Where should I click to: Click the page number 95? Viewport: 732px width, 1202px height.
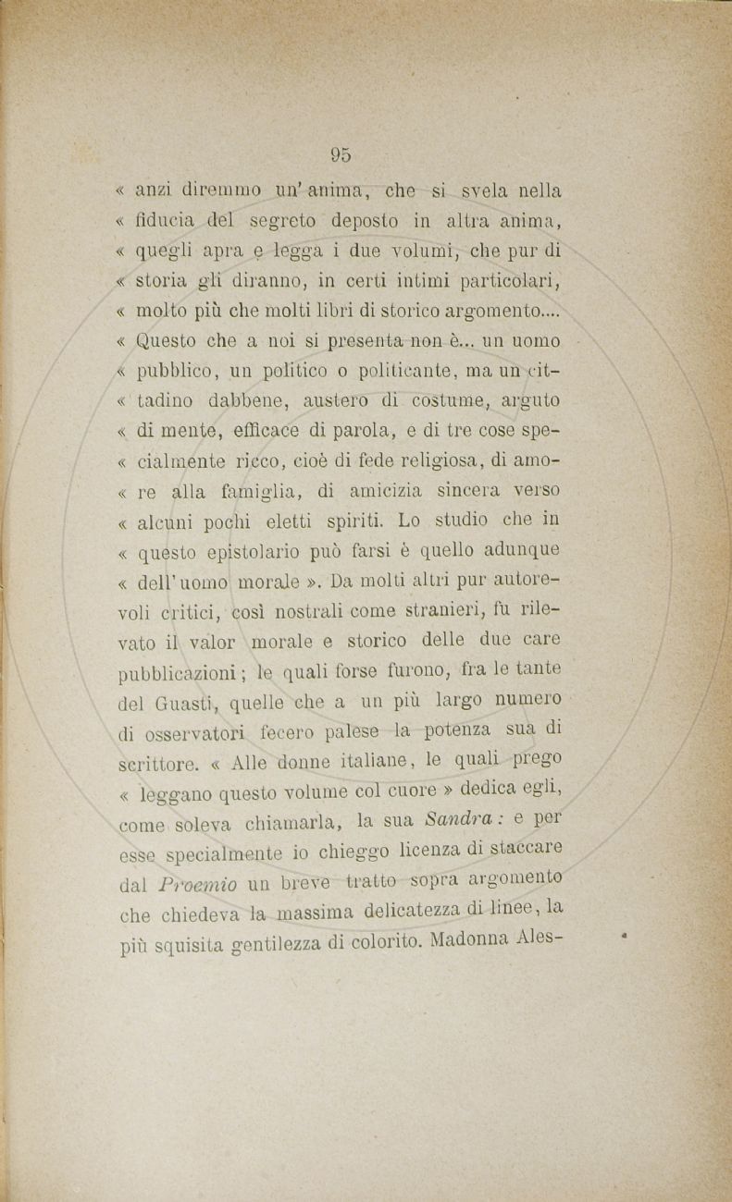[x=340, y=154]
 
